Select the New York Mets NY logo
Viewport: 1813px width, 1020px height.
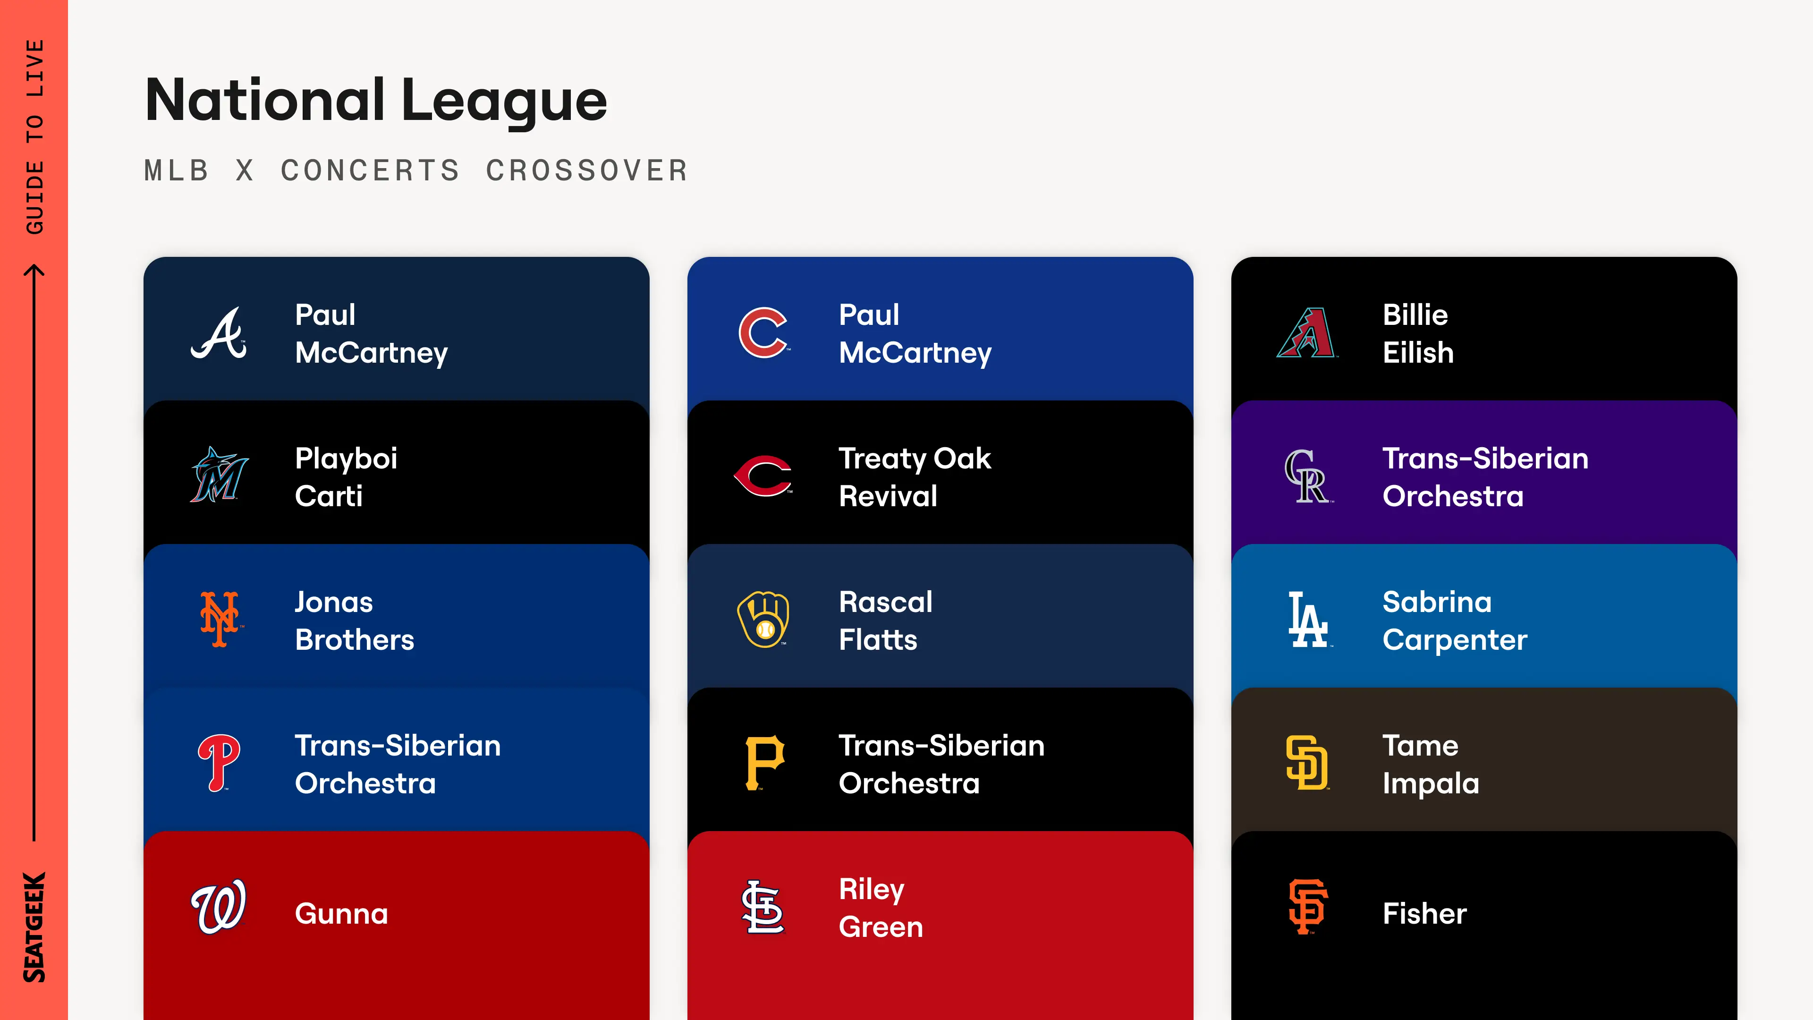tap(220, 619)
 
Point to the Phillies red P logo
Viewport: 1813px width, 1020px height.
tap(219, 762)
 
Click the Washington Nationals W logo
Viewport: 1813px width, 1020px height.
tap(219, 906)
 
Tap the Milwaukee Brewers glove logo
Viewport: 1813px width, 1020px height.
tap(763, 619)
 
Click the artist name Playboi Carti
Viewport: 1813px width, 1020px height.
tap(346, 476)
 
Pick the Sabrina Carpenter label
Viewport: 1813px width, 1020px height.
tap(1454, 620)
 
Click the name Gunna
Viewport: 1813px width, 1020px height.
tap(341, 914)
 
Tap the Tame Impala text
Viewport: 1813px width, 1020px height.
tap(1430, 764)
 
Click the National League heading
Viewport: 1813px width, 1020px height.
tap(376, 100)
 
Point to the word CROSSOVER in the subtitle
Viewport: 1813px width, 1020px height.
tap(587, 170)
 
